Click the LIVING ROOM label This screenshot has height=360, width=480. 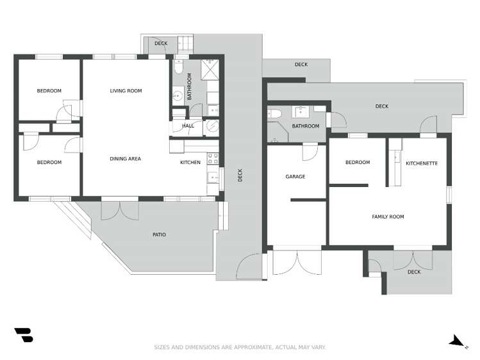(x=126, y=91)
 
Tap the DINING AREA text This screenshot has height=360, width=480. (x=125, y=159)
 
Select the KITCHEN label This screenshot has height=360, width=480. (x=190, y=163)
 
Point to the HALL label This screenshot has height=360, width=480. (x=188, y=126)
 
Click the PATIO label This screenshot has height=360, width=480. (x=159, y=235)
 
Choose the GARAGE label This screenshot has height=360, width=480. (x=295, y=176)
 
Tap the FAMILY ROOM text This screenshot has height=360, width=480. (x=388, y=217)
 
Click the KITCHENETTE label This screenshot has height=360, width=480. (x=422, y=163)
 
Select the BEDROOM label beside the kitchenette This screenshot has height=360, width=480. (x=358, y=163)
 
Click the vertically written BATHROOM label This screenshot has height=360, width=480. (x=189, y=87)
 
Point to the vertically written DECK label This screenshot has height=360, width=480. (x=240, y=175)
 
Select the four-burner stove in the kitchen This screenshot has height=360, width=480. (x=213, y=158)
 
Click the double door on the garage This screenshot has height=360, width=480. (x=297, y=263)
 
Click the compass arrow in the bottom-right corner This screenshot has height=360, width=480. (x=456, y=341)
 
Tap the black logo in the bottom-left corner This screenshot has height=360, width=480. (x=24, y=334)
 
